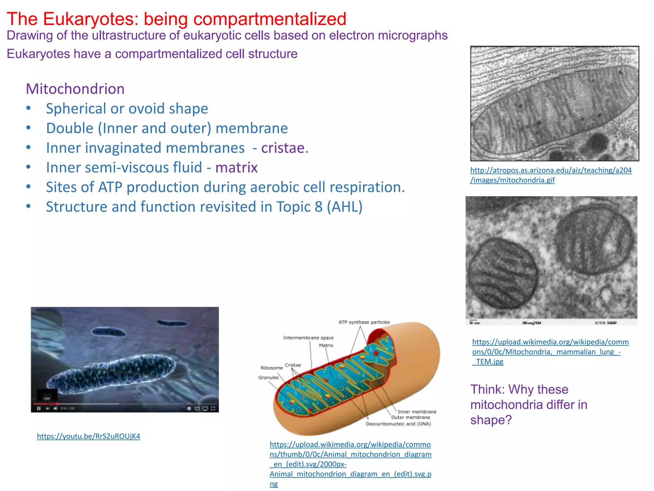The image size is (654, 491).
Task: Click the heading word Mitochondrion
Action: [x=75, y=89]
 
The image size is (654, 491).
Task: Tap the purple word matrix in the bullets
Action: [x=236, y=168]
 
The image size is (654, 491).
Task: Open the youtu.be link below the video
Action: [x=88, y=436]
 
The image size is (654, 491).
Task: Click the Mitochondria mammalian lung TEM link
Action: [x=550, y=352]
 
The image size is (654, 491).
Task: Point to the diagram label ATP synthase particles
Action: [x=364, y=322]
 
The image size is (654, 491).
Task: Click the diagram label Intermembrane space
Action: [x=308, y=338]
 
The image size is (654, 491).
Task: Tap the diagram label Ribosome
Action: [x=272, y=368]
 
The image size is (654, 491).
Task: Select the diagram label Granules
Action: [x=269, y=378]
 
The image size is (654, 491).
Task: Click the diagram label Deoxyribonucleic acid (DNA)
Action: [x=398, y=424]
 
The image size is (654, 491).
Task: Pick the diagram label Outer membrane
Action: [x=411, y=417]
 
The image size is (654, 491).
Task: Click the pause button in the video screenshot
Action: [x=39, y=409]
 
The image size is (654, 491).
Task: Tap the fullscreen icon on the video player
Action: [x=213, y=409]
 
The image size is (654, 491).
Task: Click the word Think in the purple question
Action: [x=487, y=390]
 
